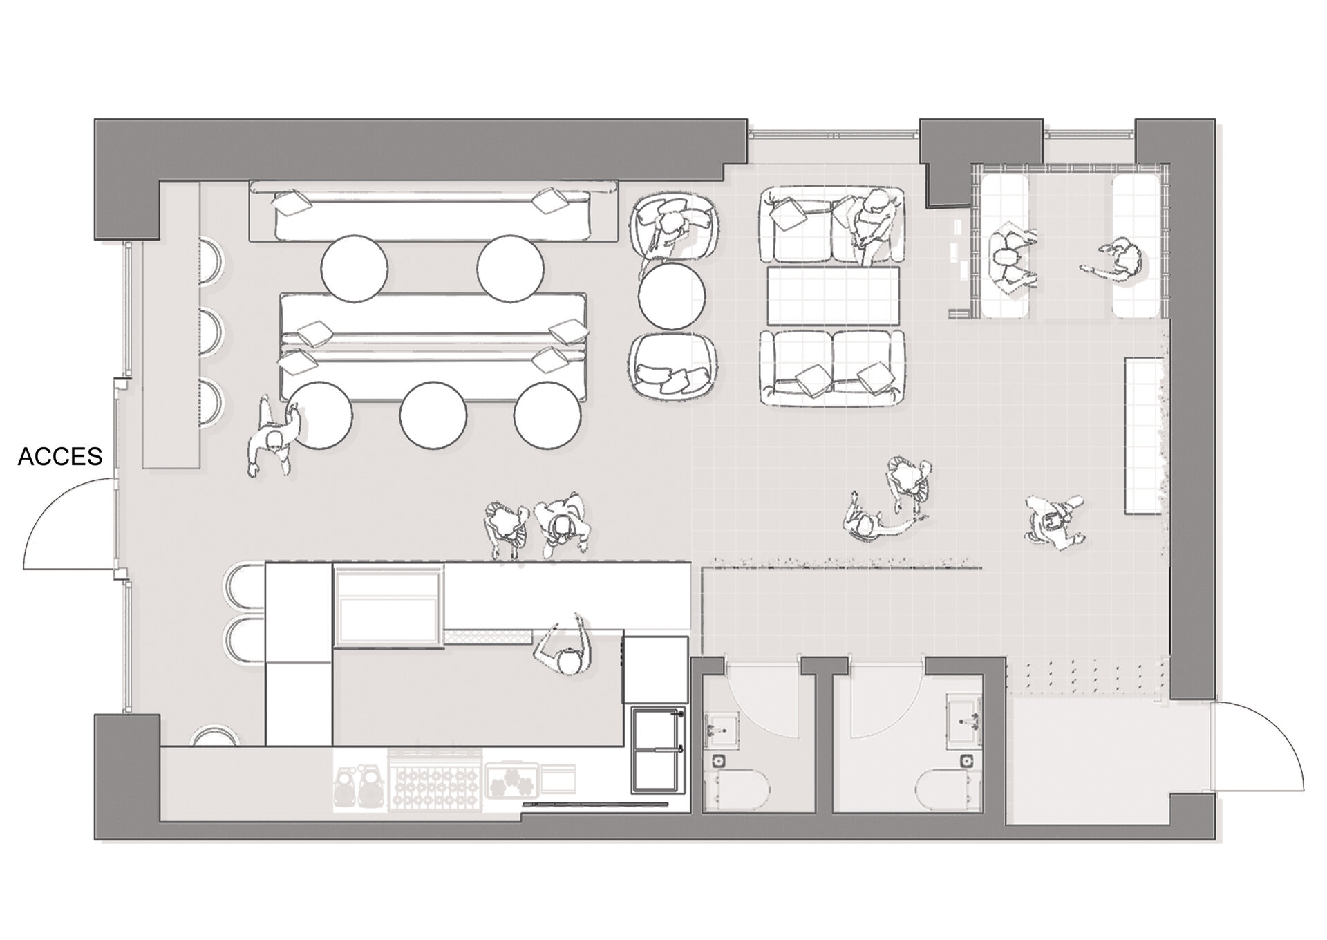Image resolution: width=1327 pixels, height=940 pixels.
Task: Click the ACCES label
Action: pos(60,457)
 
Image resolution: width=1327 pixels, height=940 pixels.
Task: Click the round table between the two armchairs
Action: pos(672,296)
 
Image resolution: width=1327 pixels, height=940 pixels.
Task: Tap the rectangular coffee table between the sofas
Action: pos(834,296)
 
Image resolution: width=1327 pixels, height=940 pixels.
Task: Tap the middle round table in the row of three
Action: pos(433,415)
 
